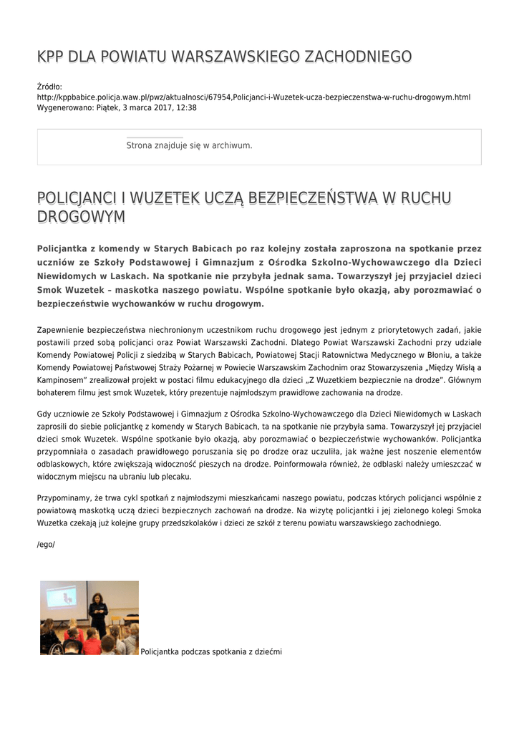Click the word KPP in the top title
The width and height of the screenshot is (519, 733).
click(x=49, y=57)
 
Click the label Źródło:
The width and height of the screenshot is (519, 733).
click(x=49, y=87)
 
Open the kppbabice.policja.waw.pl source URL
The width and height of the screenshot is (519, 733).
click(x=253, y=97)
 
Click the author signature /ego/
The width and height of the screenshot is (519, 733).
click(x=46, y=545)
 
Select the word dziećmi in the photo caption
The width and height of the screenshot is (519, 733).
click(x=266, y=651)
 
